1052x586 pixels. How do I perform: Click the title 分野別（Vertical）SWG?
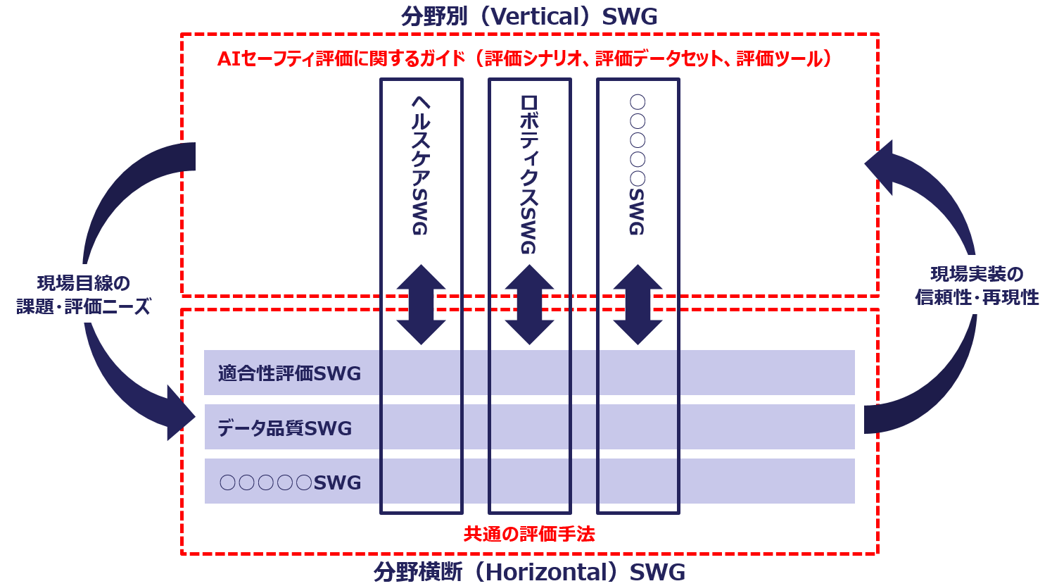click(x=529, y=17)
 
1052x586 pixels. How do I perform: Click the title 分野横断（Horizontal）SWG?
click(x=529, y=572)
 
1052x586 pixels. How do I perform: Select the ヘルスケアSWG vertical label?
click(x=421, y=165)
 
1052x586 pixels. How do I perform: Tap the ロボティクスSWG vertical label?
click(x=529, y=175)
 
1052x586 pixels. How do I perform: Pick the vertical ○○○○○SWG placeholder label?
click(x=638, y=165)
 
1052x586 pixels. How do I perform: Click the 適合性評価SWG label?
click(x=289, y=373)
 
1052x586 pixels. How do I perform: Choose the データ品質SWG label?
click(x=284, y=428)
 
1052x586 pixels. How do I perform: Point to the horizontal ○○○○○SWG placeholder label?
click(x=290, y=482)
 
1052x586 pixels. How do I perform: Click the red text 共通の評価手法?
click(x=529, y=535)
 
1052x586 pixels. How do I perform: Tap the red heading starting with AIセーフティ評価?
click(x=524, y=58)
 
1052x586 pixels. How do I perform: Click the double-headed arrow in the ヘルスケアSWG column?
click(x=421, y=304)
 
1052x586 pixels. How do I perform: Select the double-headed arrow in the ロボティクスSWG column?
click(x=529, y=304)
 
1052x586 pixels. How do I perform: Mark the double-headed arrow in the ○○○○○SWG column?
click(x=638, y=304)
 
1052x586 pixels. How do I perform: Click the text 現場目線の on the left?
click(x=84, y=283)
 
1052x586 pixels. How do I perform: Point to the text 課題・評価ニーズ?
click(x=84, y=306)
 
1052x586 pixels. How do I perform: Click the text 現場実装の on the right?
click(x=977, y=274)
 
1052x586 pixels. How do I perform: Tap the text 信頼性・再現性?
click(x=977, y=297)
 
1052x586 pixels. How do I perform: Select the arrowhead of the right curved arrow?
click(x=879, y=166)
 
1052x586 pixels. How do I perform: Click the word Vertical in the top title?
click(x=533, y=17)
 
